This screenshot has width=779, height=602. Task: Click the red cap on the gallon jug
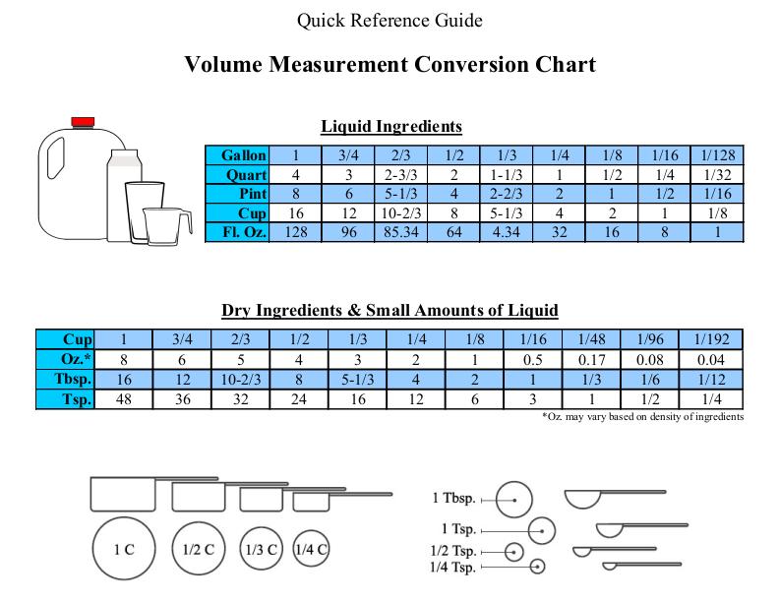83,122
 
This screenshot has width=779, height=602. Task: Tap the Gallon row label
237,155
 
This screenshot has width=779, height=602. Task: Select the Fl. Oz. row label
237,232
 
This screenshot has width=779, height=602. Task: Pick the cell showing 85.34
401,232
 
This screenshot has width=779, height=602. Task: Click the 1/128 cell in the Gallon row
717,155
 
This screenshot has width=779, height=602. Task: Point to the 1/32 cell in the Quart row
717,174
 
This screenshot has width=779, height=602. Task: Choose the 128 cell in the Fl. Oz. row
296,232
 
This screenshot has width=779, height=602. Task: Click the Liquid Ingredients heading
391,126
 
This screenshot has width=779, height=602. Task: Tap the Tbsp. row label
65,379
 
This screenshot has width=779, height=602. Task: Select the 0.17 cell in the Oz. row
591,360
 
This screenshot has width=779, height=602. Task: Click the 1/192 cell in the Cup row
711,339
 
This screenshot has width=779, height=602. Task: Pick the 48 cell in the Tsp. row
124,398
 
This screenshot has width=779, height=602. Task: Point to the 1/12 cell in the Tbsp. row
711,379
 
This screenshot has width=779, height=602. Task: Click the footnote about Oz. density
643,417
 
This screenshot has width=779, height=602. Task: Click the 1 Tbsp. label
454,498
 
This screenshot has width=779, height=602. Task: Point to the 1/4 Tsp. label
453,567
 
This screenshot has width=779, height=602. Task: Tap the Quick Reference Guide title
389,21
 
